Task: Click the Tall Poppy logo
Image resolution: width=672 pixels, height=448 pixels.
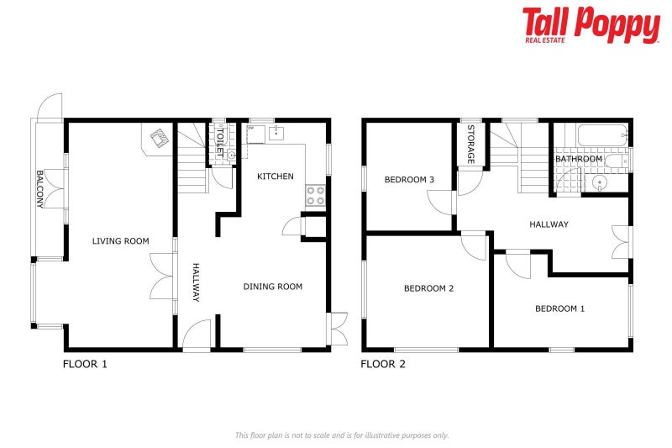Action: coord(591,25)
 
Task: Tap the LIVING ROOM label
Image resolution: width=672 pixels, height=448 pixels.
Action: coord(120,241)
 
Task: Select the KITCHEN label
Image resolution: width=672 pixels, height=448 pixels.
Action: coord(276,177)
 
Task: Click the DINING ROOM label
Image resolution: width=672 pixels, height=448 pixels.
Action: coord(272,287)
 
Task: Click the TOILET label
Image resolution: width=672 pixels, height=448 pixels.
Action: coord(221,142)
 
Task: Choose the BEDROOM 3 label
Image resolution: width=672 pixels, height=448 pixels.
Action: coord(409,180)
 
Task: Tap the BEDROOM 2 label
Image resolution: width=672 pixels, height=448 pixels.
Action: coord(428,288)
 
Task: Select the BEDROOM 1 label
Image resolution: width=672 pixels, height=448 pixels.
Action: coord(559,308)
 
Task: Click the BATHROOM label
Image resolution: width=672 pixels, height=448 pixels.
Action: coord(578,159)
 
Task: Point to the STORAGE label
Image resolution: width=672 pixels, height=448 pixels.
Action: coord(471,145)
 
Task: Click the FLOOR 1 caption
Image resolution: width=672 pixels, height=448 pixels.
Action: coord(85,365)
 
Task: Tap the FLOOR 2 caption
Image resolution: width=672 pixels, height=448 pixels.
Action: coord(383,365)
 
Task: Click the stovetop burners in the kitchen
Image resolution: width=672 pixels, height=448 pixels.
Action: coord(316,196)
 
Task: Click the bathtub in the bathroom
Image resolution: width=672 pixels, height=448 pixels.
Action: coord(601,134)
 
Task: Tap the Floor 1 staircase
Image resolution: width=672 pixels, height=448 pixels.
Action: coord(192,156)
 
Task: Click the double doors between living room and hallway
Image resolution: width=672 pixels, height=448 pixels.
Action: coord(161,275)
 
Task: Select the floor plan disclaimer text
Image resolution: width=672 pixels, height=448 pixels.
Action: coord(342,435)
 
